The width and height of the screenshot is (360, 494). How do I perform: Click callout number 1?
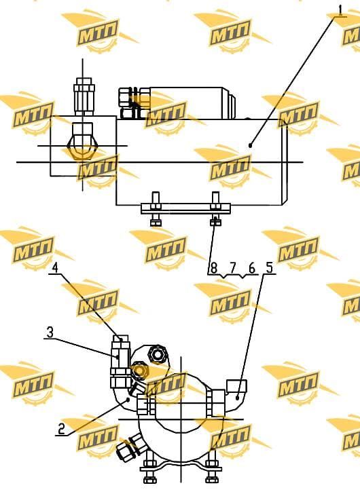[x=340, y=9]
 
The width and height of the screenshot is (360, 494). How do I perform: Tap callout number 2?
[x=61, y=428]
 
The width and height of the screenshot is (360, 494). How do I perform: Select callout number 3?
[x=50, y=332]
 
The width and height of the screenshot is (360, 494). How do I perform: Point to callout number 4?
[x=55, y=268]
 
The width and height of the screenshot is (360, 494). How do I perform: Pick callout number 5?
[x=269, y=268]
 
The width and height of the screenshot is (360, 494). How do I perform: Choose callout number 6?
[x=251, y=269]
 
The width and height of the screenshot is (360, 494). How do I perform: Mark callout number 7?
[x=233, y=269]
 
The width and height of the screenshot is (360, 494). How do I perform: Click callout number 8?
[x=214, y=269]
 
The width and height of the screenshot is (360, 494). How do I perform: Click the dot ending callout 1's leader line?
[x=250, y=145]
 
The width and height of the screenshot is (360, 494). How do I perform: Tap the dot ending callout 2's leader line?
[x=128, y=399]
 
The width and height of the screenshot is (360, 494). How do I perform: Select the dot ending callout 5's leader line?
[x=237, y=398]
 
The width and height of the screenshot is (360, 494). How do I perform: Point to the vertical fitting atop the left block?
[x=84, y=96]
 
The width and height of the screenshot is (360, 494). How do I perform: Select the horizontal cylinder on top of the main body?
[x=177, y=103]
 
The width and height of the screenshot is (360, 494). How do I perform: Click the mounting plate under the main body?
[x=185, y=208]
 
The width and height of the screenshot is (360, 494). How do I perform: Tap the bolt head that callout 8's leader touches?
[x=215, y=222]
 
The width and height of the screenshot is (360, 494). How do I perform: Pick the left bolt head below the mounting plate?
[x=156, y=223]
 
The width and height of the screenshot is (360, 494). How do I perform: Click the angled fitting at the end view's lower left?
[x=130, y=447]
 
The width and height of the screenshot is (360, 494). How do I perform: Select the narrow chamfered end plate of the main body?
[x=285, y=162]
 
